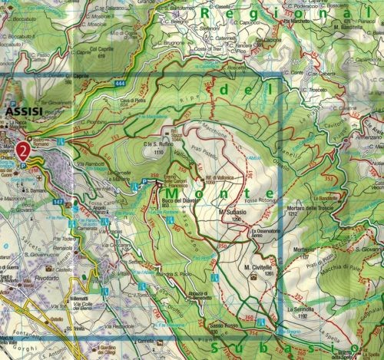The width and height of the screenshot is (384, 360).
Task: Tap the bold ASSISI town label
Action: [22, 113]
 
